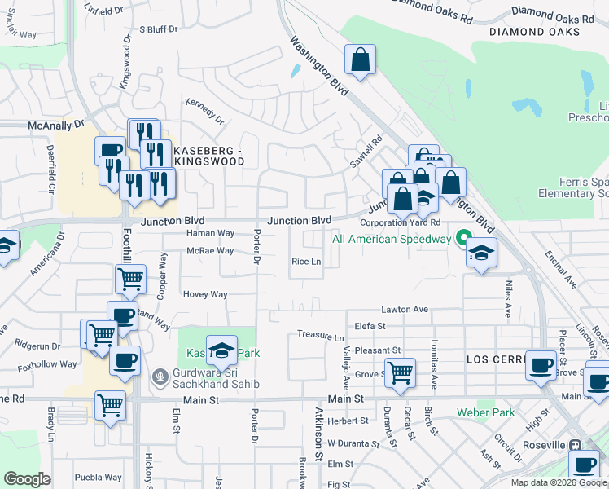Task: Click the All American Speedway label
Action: (x=391, y=239)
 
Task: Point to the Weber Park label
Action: (x=485, y=412)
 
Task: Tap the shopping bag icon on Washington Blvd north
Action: (x=359, y=60)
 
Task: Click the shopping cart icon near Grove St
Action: (x=399, y=372)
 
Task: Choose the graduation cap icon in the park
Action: (x=221, y=350)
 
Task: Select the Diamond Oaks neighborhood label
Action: (x=535, y=32)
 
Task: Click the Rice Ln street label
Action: (x=307, y=262)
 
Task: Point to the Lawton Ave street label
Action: (x=405, y=310)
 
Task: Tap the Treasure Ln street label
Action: (x=321, y=336)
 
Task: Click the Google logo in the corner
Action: (x=27, y=478)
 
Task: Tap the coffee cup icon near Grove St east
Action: (x=541, y=365)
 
